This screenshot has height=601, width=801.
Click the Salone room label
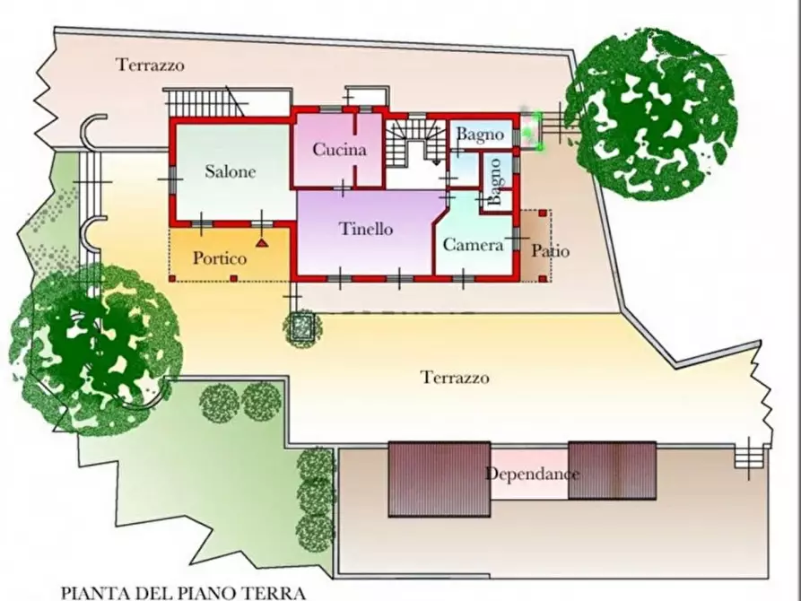(230, 171)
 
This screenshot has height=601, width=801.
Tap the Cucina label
(339, 150)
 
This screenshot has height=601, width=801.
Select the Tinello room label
(366, 229)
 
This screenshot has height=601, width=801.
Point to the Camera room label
(473, 244)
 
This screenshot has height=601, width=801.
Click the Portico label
(220, 258)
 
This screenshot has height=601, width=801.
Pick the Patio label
(550, 251)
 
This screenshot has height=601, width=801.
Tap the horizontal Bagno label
(480, 135)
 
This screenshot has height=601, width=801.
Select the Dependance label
(532, 474)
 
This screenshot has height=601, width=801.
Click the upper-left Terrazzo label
(150, 65)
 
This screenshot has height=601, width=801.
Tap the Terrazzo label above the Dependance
(456, 378)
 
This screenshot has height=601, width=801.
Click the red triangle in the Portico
(261, 242)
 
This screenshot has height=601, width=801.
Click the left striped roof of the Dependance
(439, 479)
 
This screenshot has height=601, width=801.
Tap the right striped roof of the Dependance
(613, 472)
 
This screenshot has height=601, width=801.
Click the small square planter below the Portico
(303, 327)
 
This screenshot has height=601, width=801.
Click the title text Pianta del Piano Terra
(183, 592)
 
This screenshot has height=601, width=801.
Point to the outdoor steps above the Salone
(207, 102)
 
